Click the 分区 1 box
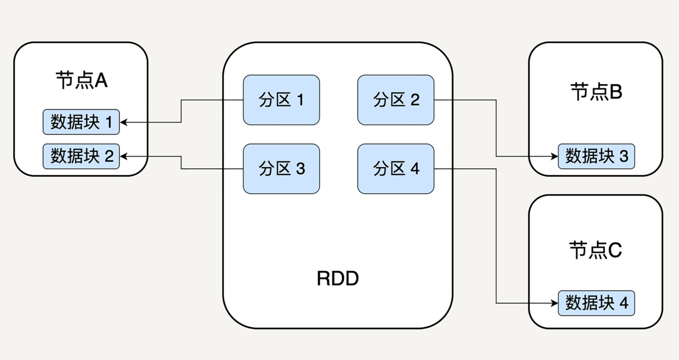click(281, 100)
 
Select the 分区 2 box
click(395, 100)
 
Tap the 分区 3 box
click(281, 169)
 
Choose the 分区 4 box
click(395, 169)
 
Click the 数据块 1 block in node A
click(81, 122)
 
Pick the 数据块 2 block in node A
click(81, 156)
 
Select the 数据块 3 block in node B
click(596, 156)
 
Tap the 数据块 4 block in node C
click(596, 303)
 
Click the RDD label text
click(338, 279)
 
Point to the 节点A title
click(81, 81)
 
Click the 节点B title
click(596, 92)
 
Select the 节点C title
click(596, 250)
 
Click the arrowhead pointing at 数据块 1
click(124, 122)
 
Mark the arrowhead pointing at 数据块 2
click(124, 156)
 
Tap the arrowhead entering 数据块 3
click(554, 156)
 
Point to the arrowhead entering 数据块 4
click(554, 303)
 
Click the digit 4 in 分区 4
click(415, 169)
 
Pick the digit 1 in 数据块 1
click(108, 122)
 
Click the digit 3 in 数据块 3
click(624, 156)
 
